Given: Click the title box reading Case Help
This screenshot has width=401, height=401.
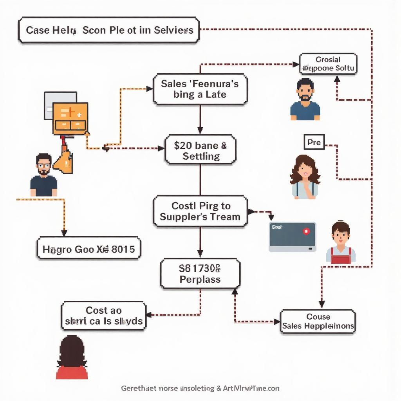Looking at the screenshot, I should (x=109, y=30).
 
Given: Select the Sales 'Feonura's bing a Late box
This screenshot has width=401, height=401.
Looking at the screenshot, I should (x=200, y=89).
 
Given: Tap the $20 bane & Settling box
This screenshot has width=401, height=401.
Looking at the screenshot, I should (x=200, y=151).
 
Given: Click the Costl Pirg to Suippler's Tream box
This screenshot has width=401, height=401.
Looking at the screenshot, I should (x=200, y=211).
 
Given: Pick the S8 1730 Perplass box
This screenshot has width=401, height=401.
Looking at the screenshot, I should (x=200, y=273).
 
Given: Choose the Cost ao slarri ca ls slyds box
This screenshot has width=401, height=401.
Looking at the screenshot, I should (x=103, y=316).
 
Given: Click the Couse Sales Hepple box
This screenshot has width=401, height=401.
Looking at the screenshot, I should (x=318, y=321).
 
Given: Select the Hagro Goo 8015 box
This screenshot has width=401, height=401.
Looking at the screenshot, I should (x=89, y=248).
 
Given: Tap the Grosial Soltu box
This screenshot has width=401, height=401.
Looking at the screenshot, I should (x=328, y=64).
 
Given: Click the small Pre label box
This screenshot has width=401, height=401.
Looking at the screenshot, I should (x=314, y=143).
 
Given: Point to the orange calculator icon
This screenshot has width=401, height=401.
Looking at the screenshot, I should (x=70, y=118).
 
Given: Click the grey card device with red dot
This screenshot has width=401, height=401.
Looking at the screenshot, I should (x=292, y=237).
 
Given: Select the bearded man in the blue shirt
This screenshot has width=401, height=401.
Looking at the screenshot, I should (x=305, y=100).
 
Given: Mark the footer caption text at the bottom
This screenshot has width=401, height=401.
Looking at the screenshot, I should (x=200, y=388).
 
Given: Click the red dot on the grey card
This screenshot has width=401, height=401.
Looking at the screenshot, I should (x=306, y=231).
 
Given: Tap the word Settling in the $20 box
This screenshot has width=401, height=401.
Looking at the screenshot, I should (x=201, y=156).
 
